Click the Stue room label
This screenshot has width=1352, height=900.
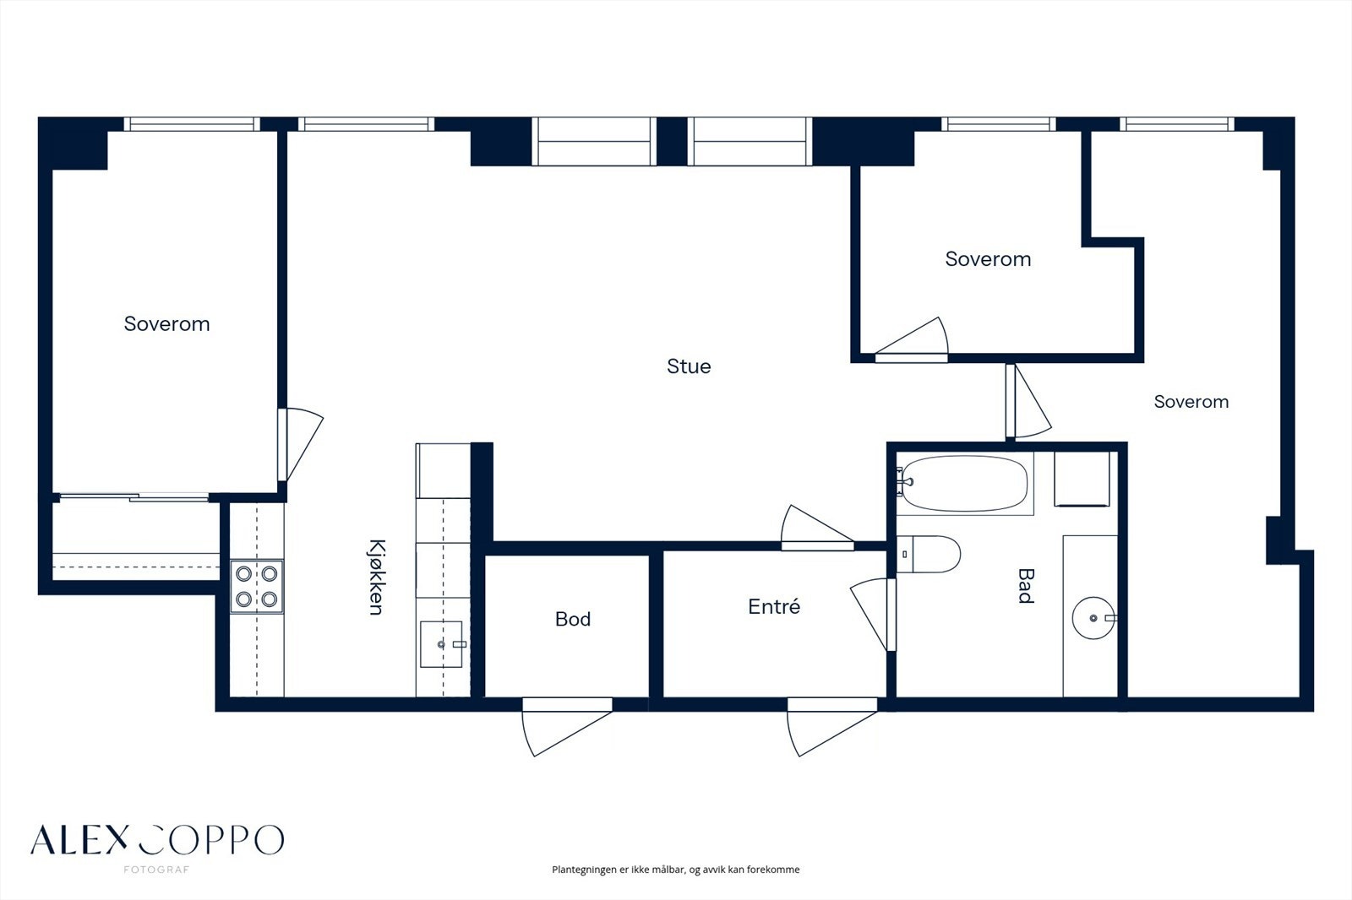click(689, 366)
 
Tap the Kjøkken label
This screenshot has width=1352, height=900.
click(376, 577)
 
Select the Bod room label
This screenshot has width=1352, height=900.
click(573, 619)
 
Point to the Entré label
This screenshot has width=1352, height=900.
click(774, 606)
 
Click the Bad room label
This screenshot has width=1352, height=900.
click(1026, 586)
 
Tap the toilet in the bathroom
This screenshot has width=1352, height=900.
click(929, 554)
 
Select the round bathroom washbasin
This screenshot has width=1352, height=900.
click(1094, 618)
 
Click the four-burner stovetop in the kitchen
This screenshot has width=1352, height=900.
click(257, 586)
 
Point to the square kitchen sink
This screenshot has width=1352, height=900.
click(441, 644)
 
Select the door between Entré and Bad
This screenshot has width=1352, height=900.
click(874, 615)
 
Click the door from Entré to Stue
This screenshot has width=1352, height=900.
click(817, 528)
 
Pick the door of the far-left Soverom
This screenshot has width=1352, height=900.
click(301, 445)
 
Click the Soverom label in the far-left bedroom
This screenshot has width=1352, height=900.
click(166, 324)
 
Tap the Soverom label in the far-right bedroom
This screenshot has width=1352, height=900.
click(1191, 402)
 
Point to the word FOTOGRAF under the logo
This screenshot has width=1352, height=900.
click(156, 870)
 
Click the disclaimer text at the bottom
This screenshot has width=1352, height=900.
click(675, 870)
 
